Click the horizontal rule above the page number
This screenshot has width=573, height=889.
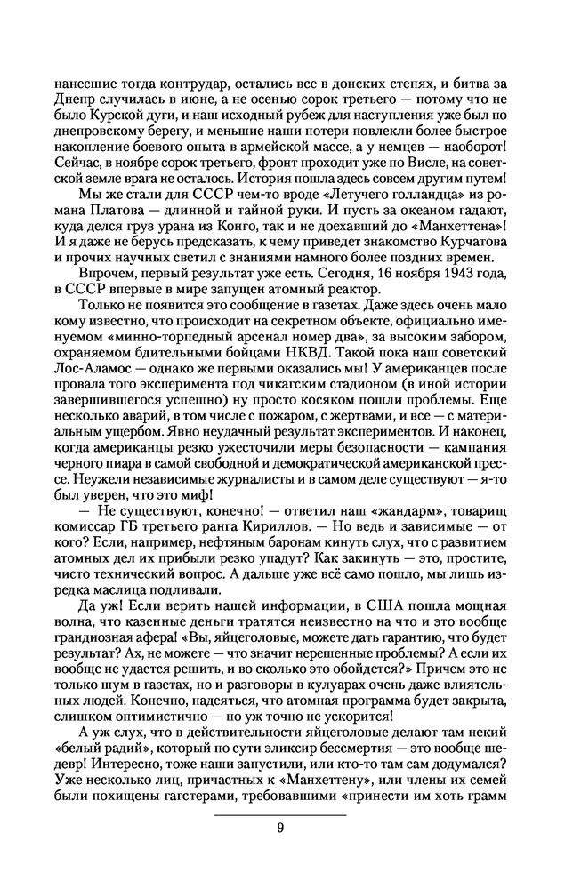coord(280,814)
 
